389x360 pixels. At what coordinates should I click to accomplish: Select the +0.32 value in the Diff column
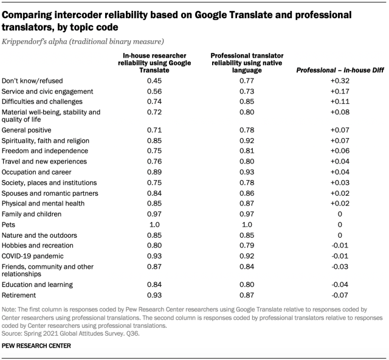pos(339,81)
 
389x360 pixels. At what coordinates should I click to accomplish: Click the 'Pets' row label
pos(9,224)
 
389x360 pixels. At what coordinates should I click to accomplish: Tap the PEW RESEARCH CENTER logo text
pos(36,345)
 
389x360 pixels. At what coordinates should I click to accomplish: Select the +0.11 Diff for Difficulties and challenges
pos(339,102)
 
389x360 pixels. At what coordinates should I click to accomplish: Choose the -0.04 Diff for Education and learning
pos(339,284)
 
